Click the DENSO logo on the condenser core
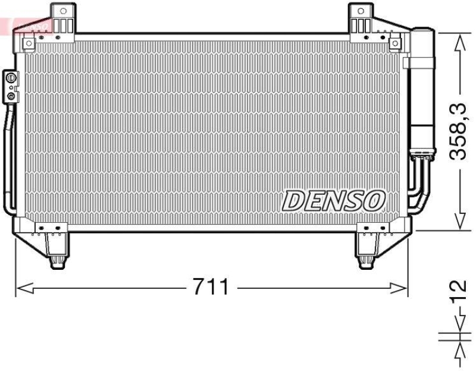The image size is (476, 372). pos(334,201)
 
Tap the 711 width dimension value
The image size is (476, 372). pos(210,288)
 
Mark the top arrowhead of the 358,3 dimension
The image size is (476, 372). pos(459,41)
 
